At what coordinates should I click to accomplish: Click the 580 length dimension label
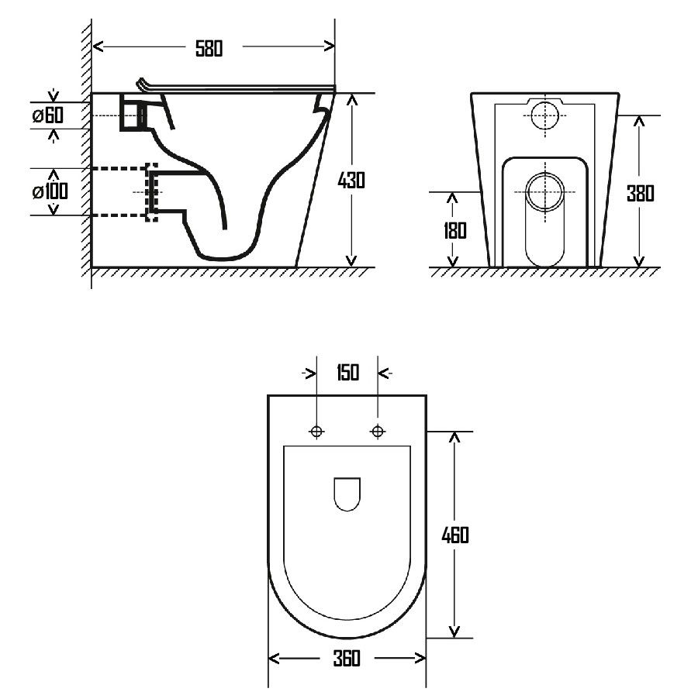[209, 49]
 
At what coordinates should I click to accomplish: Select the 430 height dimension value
[351, 180]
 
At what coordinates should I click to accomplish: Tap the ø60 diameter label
[48, 115]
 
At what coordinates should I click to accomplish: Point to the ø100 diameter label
[50, 191]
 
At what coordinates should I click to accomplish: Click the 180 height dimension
[454, 230]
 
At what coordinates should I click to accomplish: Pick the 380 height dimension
[640, 194]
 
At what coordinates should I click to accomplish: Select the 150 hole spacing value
[347, 373]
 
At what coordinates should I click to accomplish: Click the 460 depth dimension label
[455, 535]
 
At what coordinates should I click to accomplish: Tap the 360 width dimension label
[347, 658]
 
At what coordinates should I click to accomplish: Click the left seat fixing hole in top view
[316, 432]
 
